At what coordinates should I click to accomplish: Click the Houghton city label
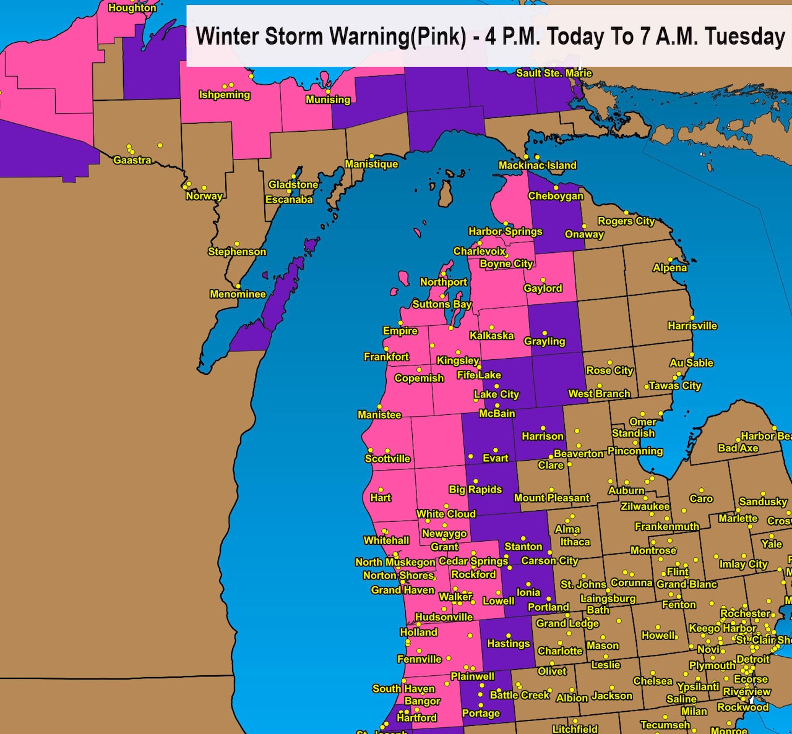coord(132,8)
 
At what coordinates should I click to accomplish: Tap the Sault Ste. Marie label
coord(554,73)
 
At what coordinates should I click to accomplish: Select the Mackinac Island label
coord(537,165)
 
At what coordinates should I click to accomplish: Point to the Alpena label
coord(669,268)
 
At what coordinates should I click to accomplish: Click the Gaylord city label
coord(543,288)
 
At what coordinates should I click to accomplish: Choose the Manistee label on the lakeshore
coord(379,415)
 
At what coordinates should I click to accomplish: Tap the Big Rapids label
coord(475,489)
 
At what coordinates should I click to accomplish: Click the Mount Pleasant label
coord(552,498)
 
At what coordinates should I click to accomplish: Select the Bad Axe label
coord(738,448)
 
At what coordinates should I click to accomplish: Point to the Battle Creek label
coord(519,695)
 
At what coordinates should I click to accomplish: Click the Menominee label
coord(238,294)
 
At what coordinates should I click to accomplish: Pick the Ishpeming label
coord(224,95)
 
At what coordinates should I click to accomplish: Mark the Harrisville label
coord(692,326)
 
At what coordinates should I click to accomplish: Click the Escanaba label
coord(289,200)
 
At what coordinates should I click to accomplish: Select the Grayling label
coord(544,341)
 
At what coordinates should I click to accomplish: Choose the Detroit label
coord(752,659)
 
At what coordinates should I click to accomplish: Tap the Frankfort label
coord(386,357)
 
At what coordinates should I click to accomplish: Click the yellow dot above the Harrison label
coord(543,428)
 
